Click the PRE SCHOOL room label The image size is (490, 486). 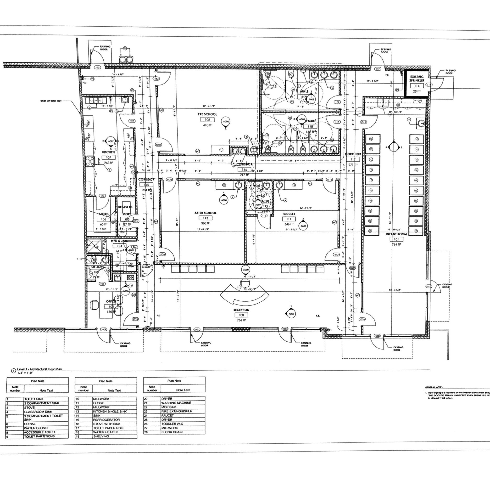pos(207,114)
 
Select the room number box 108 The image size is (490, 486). pos(207,119)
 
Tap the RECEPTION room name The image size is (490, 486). pos(241,310)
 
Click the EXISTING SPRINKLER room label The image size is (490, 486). pos(417,79)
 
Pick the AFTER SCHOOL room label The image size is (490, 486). pos(206,213)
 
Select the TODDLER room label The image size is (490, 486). pos(289,214)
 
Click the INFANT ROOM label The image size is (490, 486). pos(396,234)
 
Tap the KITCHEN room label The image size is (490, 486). pos(108,152)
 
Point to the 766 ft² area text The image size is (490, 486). pos(241,320)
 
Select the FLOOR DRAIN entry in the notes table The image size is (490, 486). pos(172,432)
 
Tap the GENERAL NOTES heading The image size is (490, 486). pos(434,388)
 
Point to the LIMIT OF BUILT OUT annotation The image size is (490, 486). pos(51,101)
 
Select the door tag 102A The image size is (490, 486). pos(135,319)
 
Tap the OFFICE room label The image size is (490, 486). pos(111,301)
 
